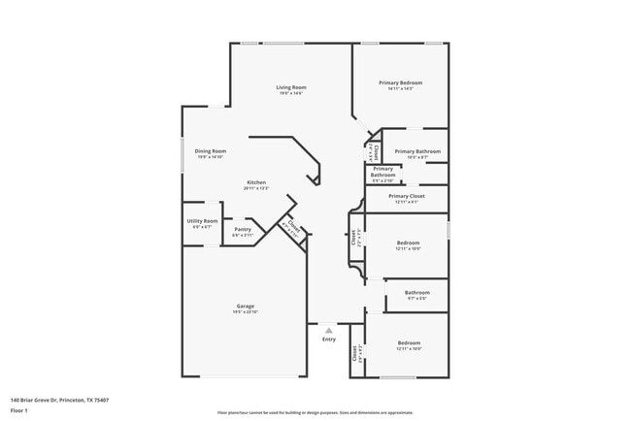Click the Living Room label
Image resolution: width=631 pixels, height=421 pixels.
290,87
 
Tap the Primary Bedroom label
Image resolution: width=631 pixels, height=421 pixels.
402,83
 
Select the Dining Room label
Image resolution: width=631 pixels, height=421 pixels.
211,151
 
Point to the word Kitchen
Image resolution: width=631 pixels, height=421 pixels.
256,182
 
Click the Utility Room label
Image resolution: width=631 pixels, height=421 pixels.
202,221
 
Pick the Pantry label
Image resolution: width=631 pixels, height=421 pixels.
242,229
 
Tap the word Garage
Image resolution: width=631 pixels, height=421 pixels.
245,306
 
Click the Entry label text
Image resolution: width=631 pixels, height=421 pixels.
328,339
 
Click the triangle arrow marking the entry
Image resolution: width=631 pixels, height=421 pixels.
328,330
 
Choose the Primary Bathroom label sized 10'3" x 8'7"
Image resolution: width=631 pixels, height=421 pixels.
417,151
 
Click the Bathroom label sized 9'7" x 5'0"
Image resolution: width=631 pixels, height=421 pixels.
417,292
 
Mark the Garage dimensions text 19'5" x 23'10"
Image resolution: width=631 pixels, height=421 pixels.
245,312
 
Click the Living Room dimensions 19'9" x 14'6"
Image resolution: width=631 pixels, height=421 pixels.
290,94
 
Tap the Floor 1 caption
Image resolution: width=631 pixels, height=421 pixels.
19,410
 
